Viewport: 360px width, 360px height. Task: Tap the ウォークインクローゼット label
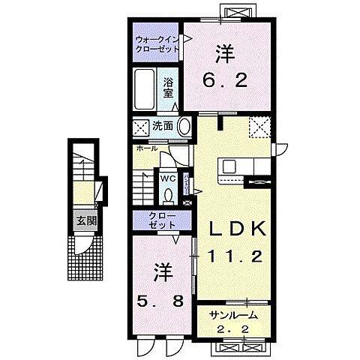point(157,42)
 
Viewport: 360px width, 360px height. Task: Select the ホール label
point(146,148)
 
